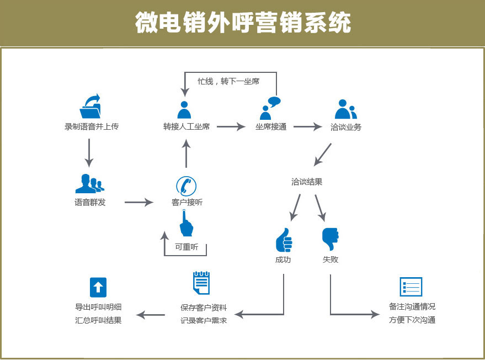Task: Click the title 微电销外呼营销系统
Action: tap(243, 22)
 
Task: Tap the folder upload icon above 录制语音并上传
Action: tap(90, 106)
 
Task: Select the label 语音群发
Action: tap(90, 203)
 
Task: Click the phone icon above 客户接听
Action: tap(186, 186)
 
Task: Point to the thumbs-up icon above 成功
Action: tap(284, 240)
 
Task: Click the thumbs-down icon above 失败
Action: tap(331, 239)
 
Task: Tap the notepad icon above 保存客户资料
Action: tap(201, 283)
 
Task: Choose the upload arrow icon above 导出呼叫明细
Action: tap(98, 287)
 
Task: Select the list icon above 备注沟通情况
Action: tap(411, 287)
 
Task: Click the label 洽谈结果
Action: tap(307, 182)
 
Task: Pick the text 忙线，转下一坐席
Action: tap(228, 81)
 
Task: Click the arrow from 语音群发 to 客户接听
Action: tap(139, 203)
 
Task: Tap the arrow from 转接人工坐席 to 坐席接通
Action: tap(231, 126)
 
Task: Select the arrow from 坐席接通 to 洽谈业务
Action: tap(308, 126)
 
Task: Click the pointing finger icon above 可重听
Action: tap(186, 223)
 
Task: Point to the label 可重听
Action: tap(186, 247)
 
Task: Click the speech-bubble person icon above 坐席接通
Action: tap(270, 108)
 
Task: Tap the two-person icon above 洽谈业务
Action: tap(346, 109)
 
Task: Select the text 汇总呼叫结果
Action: tap(98, 320)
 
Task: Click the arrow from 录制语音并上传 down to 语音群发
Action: tap(89, 153)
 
